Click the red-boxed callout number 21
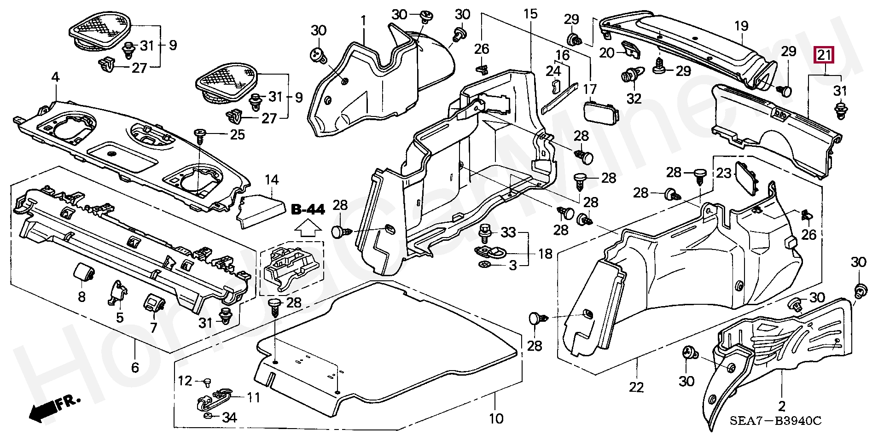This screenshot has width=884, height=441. (x=824, y=56)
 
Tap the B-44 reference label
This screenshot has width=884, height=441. (x=308, y=210)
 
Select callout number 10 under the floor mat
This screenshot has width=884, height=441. (x=496, y=418)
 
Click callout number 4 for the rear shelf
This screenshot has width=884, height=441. (x=55, y=77)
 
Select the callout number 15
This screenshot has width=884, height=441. (x=530, y=14)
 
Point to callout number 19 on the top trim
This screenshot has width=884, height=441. (x=741, y=26)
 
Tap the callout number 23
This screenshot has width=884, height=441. (x=724, y=174)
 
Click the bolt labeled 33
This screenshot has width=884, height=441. (x=483, y=230)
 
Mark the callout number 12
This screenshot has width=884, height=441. (x=185, y=381)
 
